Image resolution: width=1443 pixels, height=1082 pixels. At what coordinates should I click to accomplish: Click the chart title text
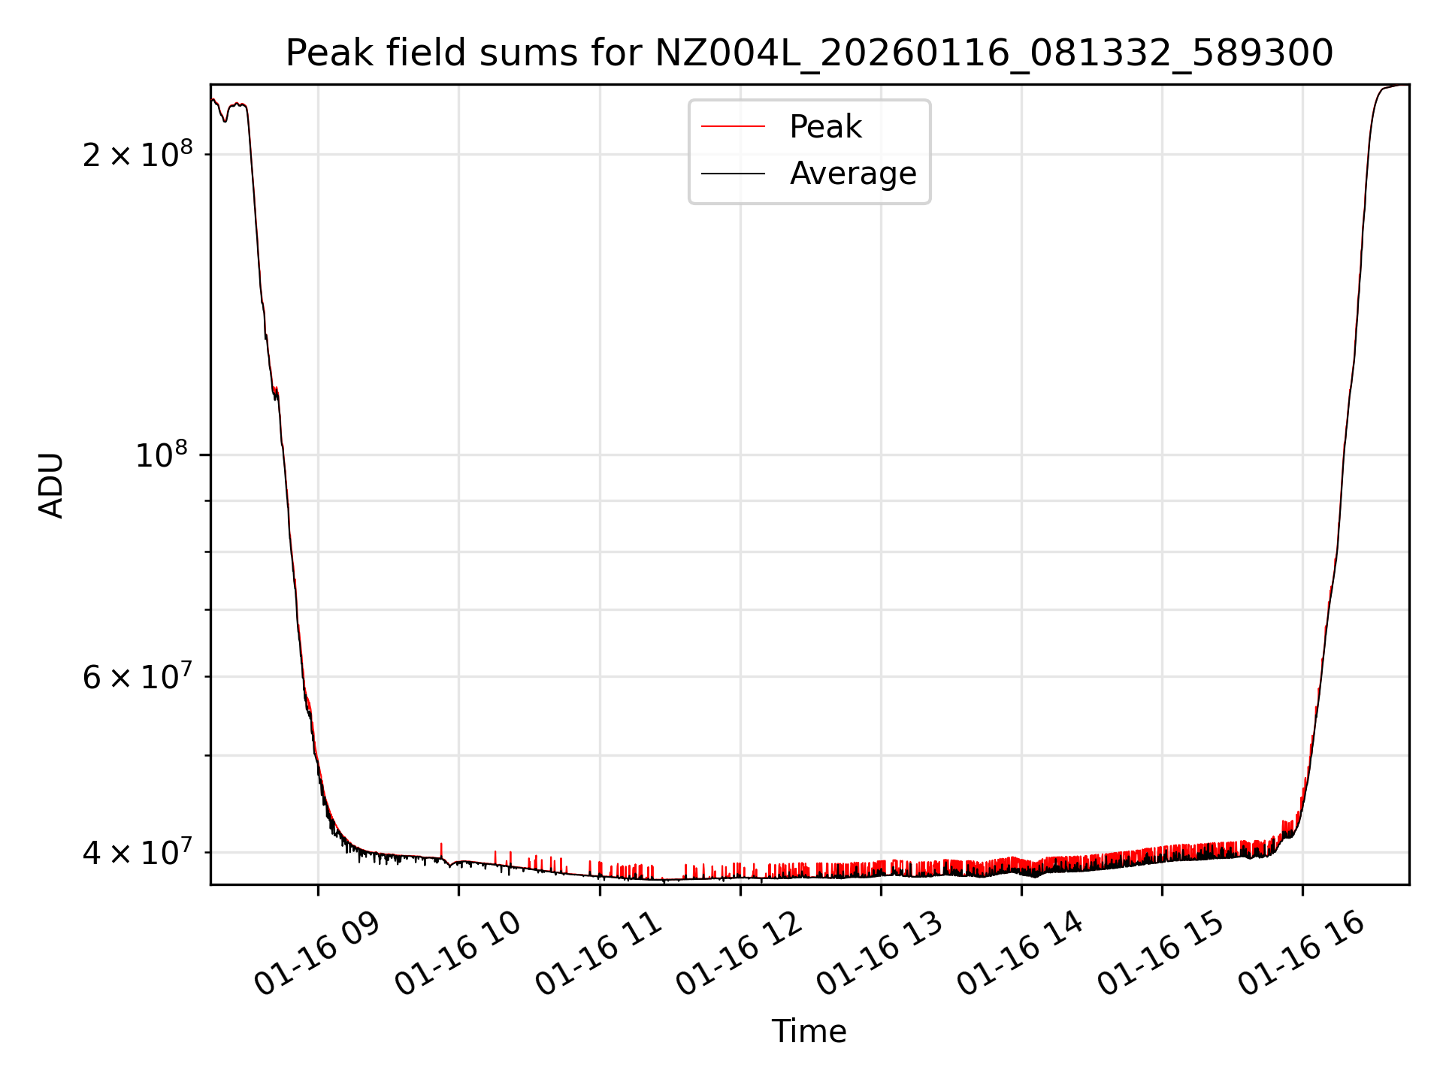pyautogui.click(x=809, y=53)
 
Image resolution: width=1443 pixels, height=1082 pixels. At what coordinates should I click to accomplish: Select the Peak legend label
pyautogui.click(x=825, y=127)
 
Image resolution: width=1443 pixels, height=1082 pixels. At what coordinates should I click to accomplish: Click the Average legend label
pyautogui.click(x=853, y=174)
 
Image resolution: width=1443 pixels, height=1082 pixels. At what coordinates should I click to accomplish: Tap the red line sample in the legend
pyautogui.click(x=733, y=127)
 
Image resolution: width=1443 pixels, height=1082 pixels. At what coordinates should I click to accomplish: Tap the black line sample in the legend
pyautogui.click(x=733, y=174)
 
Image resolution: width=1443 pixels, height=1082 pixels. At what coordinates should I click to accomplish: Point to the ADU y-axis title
pyautogui.click(x=51, y=485)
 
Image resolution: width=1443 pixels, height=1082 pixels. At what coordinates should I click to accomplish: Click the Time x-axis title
pyautogui.click(x=809, y=1032)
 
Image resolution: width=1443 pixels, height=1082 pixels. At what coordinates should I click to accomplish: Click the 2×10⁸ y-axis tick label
pyautogui.click(x=137, y=154)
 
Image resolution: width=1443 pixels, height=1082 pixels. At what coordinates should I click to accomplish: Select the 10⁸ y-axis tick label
pyautogui.click(x=163, y=455)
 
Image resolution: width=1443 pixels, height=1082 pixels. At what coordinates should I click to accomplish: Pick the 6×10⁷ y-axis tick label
pyautogui.click(x=137, y=677)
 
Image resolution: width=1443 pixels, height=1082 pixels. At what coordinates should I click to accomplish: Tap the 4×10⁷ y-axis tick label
pyautogui.click(x=137, y=853)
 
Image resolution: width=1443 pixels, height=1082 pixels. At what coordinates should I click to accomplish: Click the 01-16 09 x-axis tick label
pyautogui.click(x=317, y=954)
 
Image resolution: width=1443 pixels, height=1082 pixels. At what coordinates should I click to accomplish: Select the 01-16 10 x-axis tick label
pyautogui.click(x=458, y=954)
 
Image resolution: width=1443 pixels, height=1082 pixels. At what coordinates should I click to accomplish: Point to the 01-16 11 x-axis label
pyautogui.click(x=599, y=954)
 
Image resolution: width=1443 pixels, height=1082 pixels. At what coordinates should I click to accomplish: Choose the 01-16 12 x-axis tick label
pyautogui.click(x=740, y=954)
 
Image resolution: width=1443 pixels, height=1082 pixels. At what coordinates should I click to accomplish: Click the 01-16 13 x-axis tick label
pyautogui.click(x=880, y=954)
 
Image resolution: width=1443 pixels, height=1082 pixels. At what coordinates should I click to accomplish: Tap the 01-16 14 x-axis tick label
pyautogui.click(x=1021, y=954)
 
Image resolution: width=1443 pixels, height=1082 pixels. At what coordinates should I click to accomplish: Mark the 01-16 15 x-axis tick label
pyautogui.click(x=1161, y=954)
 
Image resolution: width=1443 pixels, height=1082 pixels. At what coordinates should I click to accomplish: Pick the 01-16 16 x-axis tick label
pyautogui.click(x=1302, y=954)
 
